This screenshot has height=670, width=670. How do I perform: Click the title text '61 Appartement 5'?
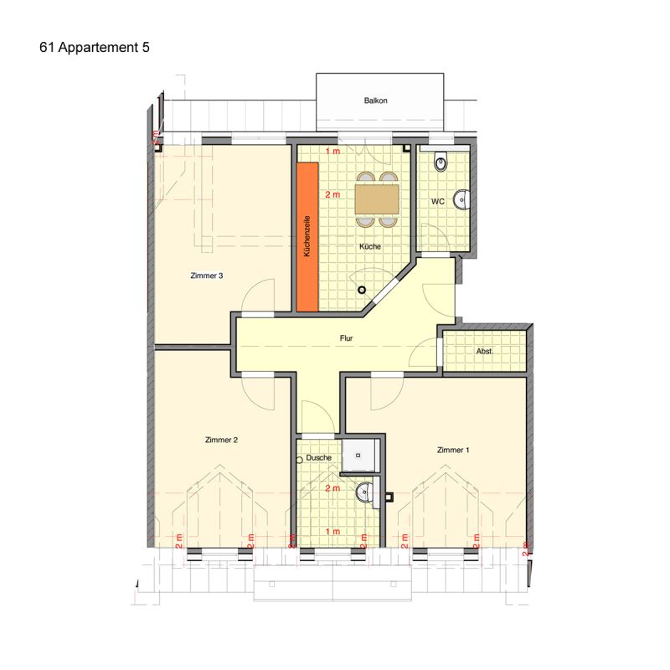click(x=95, y=47)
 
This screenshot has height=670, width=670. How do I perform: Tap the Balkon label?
click(x=375, y=100)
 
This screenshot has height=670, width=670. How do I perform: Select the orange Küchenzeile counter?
click(x=307, y=237)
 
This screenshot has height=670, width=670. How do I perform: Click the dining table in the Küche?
click(x=377, y=199)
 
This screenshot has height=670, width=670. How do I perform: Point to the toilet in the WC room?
click(x=441, y=161)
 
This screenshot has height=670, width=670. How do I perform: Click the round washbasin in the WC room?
click(x=462, y=198)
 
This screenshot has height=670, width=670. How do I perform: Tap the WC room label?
click(x=437, y=201)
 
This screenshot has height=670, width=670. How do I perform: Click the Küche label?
click(x=370, y=246)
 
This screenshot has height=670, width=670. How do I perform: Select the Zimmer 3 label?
click(x=207, y=276)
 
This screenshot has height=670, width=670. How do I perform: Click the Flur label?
click(x=346, y=338)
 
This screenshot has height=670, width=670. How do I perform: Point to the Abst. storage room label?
click(x=485, y=351)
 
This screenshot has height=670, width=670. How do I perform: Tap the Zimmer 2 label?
click(x=221, y=440)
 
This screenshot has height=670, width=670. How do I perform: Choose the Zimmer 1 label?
click(x=453, y=450)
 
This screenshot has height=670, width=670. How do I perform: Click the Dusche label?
click(x=319, y=457)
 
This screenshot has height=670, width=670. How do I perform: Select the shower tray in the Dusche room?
click(x=359, y=455)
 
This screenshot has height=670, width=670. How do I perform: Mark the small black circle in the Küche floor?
click(x=362, y=290)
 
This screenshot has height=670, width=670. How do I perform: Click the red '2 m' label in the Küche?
click(x=332, y=194)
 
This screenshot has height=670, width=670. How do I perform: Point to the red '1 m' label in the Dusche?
click(x=332, y=532)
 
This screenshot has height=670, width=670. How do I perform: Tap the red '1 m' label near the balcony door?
click(x=332, y=152)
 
